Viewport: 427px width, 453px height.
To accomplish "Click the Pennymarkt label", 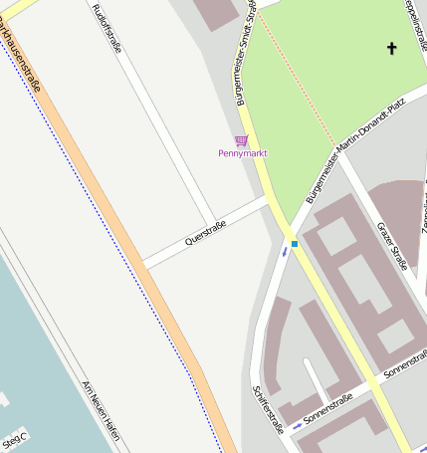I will pos(241,153).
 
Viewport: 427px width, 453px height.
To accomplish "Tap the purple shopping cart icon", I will pos(241,140).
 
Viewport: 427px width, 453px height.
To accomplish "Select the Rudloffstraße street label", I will pos(107,28).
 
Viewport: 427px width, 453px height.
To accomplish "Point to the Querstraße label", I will pos(206,235).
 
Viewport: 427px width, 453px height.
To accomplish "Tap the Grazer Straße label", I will pos(393,247).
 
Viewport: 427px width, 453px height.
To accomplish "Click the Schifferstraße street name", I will pos(270,409).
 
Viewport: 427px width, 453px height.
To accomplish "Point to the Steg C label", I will pos(16,439).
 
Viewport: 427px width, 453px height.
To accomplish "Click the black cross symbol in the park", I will pos(391,48).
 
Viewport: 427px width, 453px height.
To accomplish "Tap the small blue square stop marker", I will pos(295,243).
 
